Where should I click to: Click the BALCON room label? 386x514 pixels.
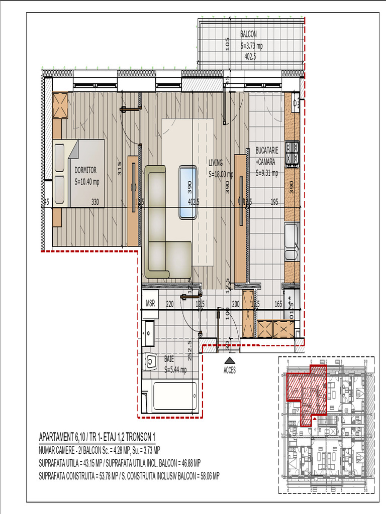pos(249,35)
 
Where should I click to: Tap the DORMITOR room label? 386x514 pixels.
pos(85,170)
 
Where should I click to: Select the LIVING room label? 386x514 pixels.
pos(216,163)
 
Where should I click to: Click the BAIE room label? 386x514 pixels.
pos(169,359)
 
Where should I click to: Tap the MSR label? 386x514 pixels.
pos(150,304)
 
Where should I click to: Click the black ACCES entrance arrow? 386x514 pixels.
pos(230,360)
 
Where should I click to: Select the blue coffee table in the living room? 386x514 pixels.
pos(188,191)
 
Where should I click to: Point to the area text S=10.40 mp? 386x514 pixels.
pos(87,182)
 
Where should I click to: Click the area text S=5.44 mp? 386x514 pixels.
pos(175,370)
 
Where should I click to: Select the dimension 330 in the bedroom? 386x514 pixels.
pos(95,202)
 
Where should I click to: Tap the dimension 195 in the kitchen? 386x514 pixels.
pos(274,202)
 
